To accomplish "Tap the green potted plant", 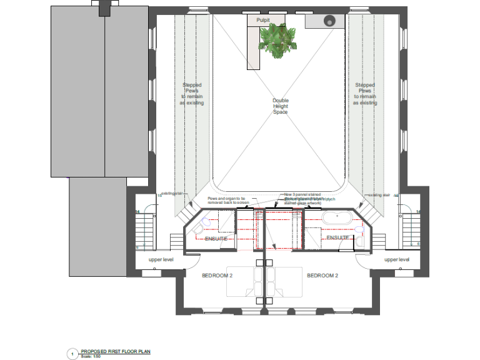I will point(276,38).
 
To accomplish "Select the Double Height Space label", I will point(281,106).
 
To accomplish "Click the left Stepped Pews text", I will point(192,94).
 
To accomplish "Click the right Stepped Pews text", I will point(365,94).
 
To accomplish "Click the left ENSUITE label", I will point(216,238).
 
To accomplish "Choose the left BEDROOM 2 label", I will point(217,275).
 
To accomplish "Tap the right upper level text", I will point(397,259).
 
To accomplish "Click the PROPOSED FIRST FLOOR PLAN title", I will point(116,351).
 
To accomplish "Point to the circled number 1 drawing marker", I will point(72,354).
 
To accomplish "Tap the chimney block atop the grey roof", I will point(104,7).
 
